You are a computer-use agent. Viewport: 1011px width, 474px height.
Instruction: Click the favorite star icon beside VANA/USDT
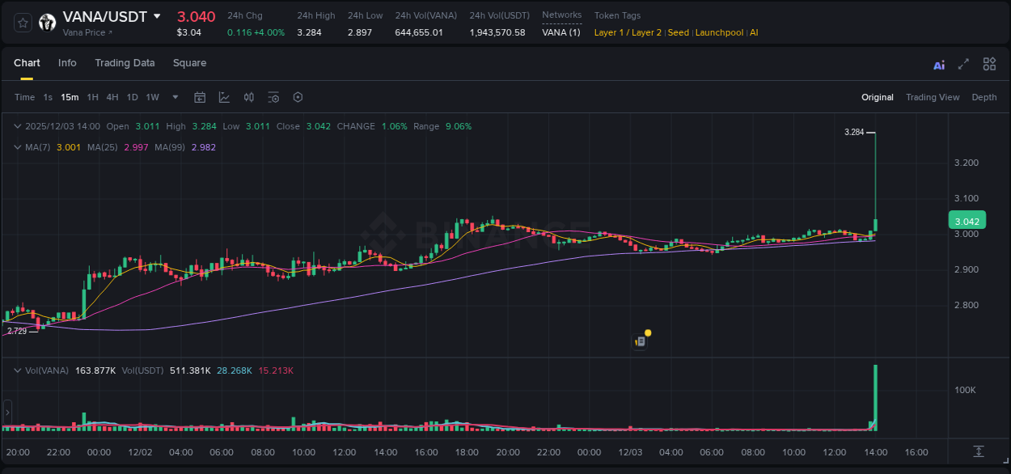[x=23, y=23]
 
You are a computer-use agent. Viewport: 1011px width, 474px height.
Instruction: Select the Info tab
[x=67, y=63]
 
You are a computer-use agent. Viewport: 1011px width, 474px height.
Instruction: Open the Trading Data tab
[x=125, y=63]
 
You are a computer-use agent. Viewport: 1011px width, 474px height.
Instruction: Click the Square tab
[x=189, y=63]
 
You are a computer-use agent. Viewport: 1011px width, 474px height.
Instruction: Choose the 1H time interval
[x=92, y=97]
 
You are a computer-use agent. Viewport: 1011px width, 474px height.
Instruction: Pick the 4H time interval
[x=112, y=97]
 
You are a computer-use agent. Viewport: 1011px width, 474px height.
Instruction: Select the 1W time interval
[x=152, y=97]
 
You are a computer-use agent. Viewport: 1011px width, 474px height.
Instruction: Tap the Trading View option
[x=933, y=97]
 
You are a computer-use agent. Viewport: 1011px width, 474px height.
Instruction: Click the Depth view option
[x=984, y=97]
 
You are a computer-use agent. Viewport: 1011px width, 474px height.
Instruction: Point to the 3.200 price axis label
[x=967, y=163]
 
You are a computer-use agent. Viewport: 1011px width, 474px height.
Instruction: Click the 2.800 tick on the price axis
[x=967, y=305]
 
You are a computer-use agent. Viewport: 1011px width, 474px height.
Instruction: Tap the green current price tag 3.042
[x=967, y=221]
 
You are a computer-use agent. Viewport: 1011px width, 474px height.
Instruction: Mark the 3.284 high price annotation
[x=854, y=132]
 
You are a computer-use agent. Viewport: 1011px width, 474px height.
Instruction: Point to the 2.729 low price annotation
[x=17, y=331]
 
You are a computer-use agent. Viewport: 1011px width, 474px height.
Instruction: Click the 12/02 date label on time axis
[x=140, y=452]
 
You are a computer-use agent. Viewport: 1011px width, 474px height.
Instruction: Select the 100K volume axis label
[x=966, y=390]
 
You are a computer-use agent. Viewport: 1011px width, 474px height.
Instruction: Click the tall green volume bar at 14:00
[x=875, y=398]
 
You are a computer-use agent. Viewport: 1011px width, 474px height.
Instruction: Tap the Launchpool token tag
[x=720, y=32]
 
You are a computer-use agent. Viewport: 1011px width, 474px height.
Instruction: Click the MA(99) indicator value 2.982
[x=203, y=147]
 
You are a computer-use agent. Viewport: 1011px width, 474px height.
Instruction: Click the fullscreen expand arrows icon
[x=963, y=64]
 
